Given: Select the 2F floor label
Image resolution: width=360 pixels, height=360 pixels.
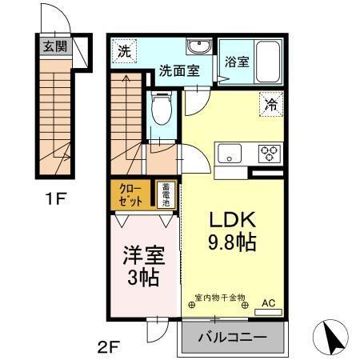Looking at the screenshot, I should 110,347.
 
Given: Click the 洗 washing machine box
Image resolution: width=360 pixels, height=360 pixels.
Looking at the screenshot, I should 124,52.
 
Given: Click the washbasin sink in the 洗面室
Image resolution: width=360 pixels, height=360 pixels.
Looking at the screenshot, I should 198,46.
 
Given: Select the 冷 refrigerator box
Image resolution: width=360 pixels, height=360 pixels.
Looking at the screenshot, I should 272,103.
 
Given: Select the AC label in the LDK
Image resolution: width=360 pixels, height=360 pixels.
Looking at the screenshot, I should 269,303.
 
